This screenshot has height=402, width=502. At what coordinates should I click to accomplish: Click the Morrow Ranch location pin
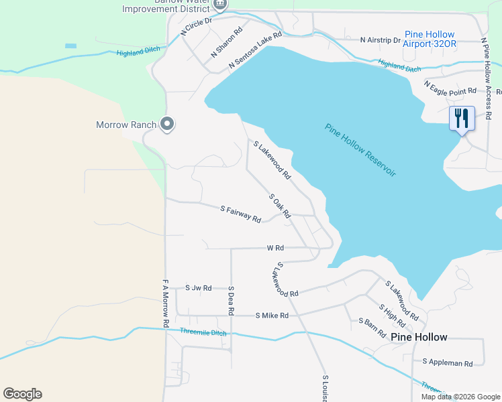[x=167, y=125]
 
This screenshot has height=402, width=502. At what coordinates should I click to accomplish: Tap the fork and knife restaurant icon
[x=462, y=119]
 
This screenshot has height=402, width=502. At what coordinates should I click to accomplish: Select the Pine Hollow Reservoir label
[x=360, y=149]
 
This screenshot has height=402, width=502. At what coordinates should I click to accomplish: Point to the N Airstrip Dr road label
[x=380, y=40]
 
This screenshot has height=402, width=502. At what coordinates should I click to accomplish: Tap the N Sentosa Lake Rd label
[x=255, y=50]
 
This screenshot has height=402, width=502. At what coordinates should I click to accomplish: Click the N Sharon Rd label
[x=227, y=42]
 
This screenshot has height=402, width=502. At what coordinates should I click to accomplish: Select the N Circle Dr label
[x=196, y=26]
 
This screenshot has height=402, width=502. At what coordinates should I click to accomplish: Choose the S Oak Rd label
[x=279, y=206]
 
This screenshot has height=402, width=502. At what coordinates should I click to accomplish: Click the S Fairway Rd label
[x=240, y=214]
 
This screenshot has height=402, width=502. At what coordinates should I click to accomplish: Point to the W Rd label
[x=275, y=248]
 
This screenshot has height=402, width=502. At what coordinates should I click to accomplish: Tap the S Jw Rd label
[x=198, y=288]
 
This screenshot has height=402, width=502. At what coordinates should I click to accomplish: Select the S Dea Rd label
[x=230, y=301]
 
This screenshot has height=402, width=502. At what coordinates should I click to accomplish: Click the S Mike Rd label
[x=272, y=315]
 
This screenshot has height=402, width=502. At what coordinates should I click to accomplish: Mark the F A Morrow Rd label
[x=165, y=304]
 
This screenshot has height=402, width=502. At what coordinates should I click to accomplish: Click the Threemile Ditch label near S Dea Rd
[x=203, y=332]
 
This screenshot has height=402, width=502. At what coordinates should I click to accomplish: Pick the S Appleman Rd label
[x=448, y=362]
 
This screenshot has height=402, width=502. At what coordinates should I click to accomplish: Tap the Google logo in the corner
[x=22, y=394]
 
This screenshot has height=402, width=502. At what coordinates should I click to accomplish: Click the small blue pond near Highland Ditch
[x=70, y=46]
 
